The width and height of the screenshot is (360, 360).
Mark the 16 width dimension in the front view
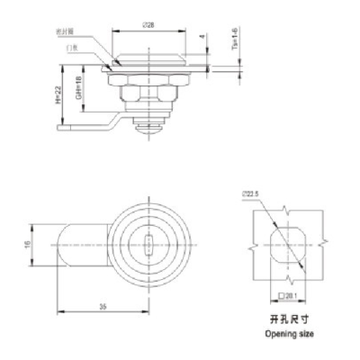(x=27, y=242)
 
